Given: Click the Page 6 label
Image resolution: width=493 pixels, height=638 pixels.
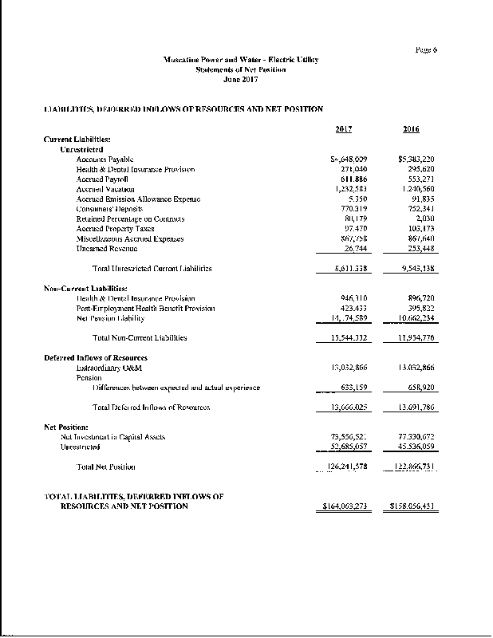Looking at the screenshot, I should [426, 50].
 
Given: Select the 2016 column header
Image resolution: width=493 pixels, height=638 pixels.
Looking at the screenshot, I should [411, 130].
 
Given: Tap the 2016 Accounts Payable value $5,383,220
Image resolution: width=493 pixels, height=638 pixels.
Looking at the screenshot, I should [416, 159].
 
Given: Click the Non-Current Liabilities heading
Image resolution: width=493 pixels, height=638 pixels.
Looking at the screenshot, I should [85, 288].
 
